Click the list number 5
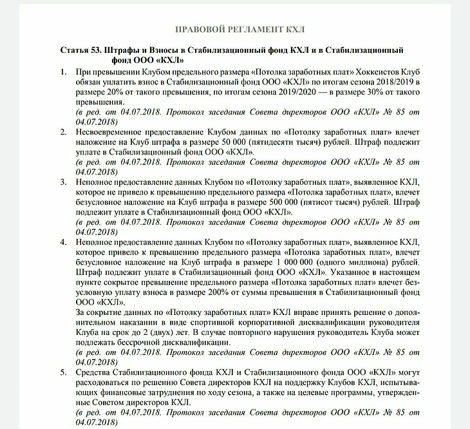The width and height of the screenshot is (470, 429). pyautogui.click(x=63, y=373)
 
